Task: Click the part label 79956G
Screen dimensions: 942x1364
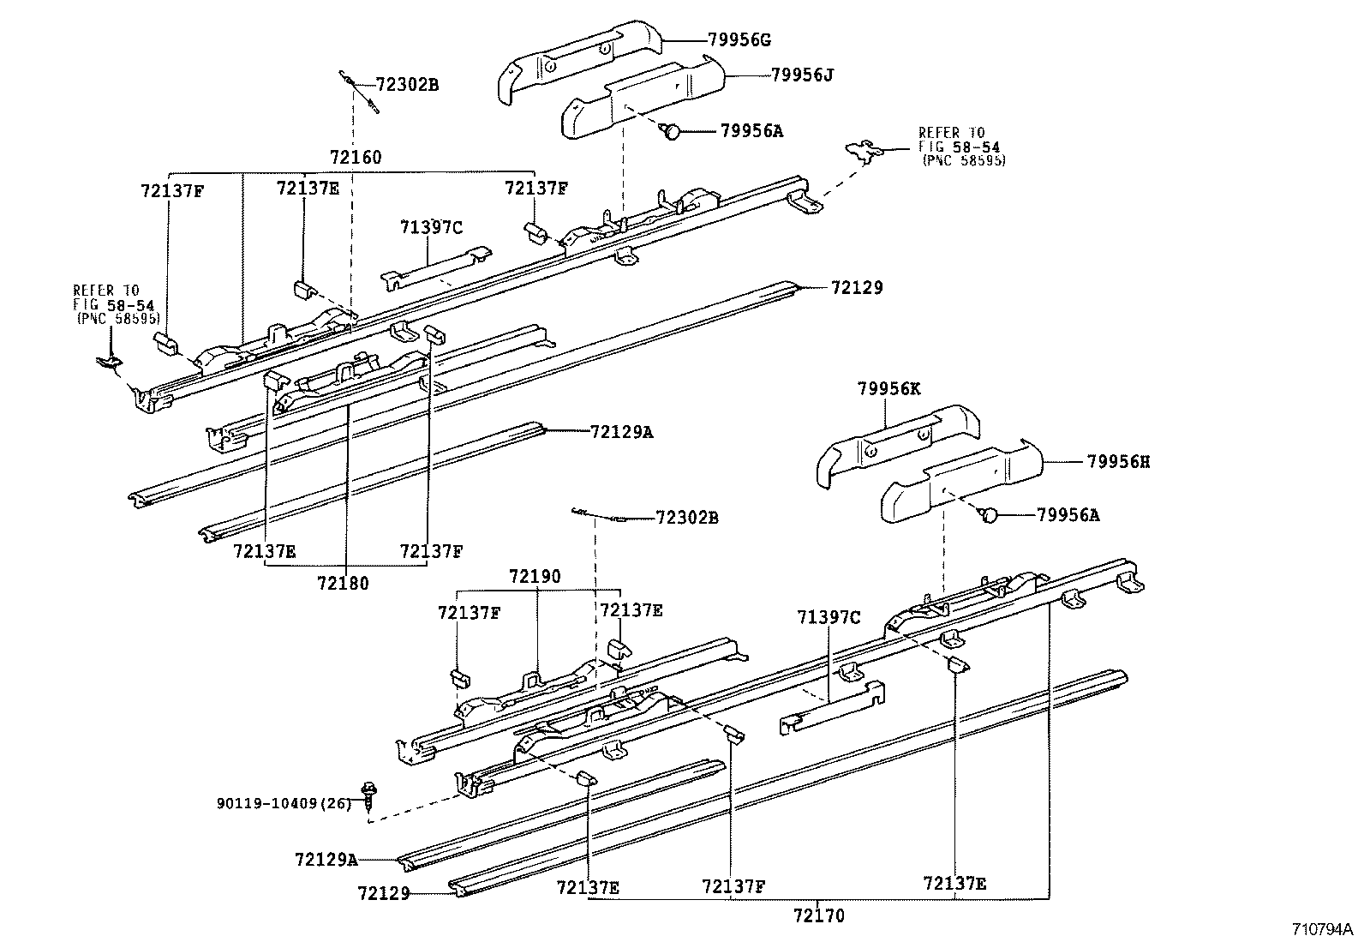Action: click(739, 39)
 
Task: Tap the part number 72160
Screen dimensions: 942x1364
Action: click(356, 157)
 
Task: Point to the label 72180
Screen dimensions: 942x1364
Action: click(343, 584)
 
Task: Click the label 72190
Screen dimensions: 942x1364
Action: click(535, 576)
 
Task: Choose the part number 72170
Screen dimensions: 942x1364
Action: click(818, 915)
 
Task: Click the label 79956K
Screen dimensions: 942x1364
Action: click(888, 388)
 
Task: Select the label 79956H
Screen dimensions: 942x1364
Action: click(1118, 462)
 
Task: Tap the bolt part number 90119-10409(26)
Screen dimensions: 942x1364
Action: click(284, 804)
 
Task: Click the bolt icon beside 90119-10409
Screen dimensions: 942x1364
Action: click(371, 794)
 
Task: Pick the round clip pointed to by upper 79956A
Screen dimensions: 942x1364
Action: click(673, 131)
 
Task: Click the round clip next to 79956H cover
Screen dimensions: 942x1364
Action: click(989, 515)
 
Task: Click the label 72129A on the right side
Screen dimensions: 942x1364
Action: click(621, 432)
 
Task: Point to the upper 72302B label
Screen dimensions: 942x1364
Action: click(408, 85)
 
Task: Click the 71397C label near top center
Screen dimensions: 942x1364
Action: click(430, 227)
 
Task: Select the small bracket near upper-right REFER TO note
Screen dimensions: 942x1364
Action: click(864, 152)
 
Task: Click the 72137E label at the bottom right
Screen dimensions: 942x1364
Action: click(954, 883)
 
